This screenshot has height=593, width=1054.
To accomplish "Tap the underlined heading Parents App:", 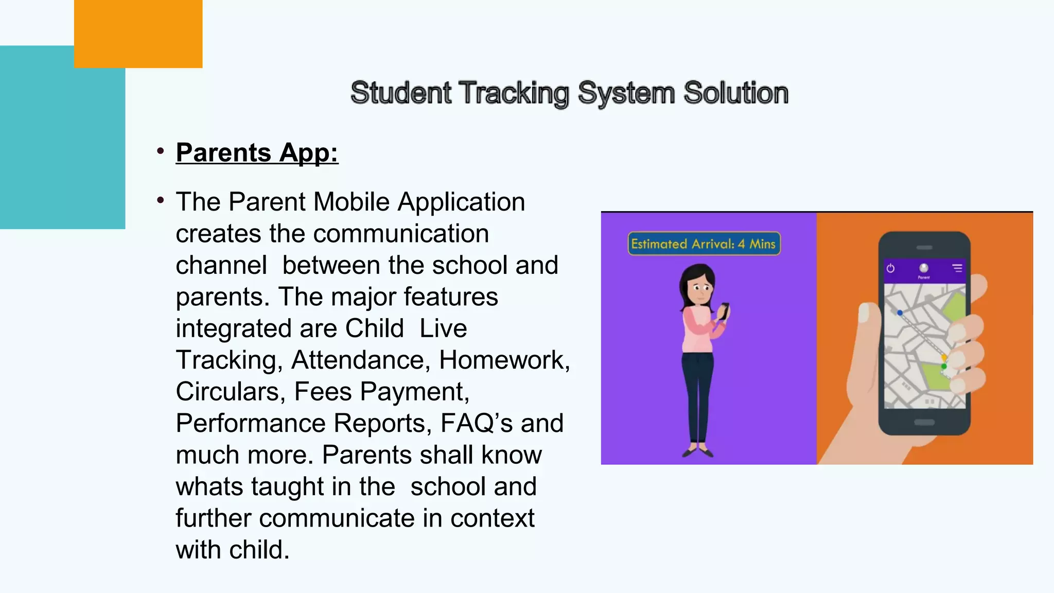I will point(257,153).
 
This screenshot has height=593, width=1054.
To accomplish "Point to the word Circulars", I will point(230,392).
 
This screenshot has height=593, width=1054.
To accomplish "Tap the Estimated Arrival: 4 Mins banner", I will point(704,244).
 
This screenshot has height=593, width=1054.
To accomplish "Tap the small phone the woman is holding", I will point(724,311).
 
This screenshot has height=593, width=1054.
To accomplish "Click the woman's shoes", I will point(698,452).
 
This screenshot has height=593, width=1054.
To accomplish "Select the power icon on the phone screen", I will point(890,268).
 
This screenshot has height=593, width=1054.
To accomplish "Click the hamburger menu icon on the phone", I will point(957,268).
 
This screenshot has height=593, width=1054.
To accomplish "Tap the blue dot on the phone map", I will point(900,312).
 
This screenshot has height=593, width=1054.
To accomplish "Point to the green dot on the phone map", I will point(943,366).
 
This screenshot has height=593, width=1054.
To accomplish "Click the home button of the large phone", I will point(924,423).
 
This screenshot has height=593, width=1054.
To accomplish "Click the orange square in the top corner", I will point(138,33).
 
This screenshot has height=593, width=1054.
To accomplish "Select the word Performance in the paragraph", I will point(251,424).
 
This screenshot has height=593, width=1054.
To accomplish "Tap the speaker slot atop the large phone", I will point(924,248).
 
